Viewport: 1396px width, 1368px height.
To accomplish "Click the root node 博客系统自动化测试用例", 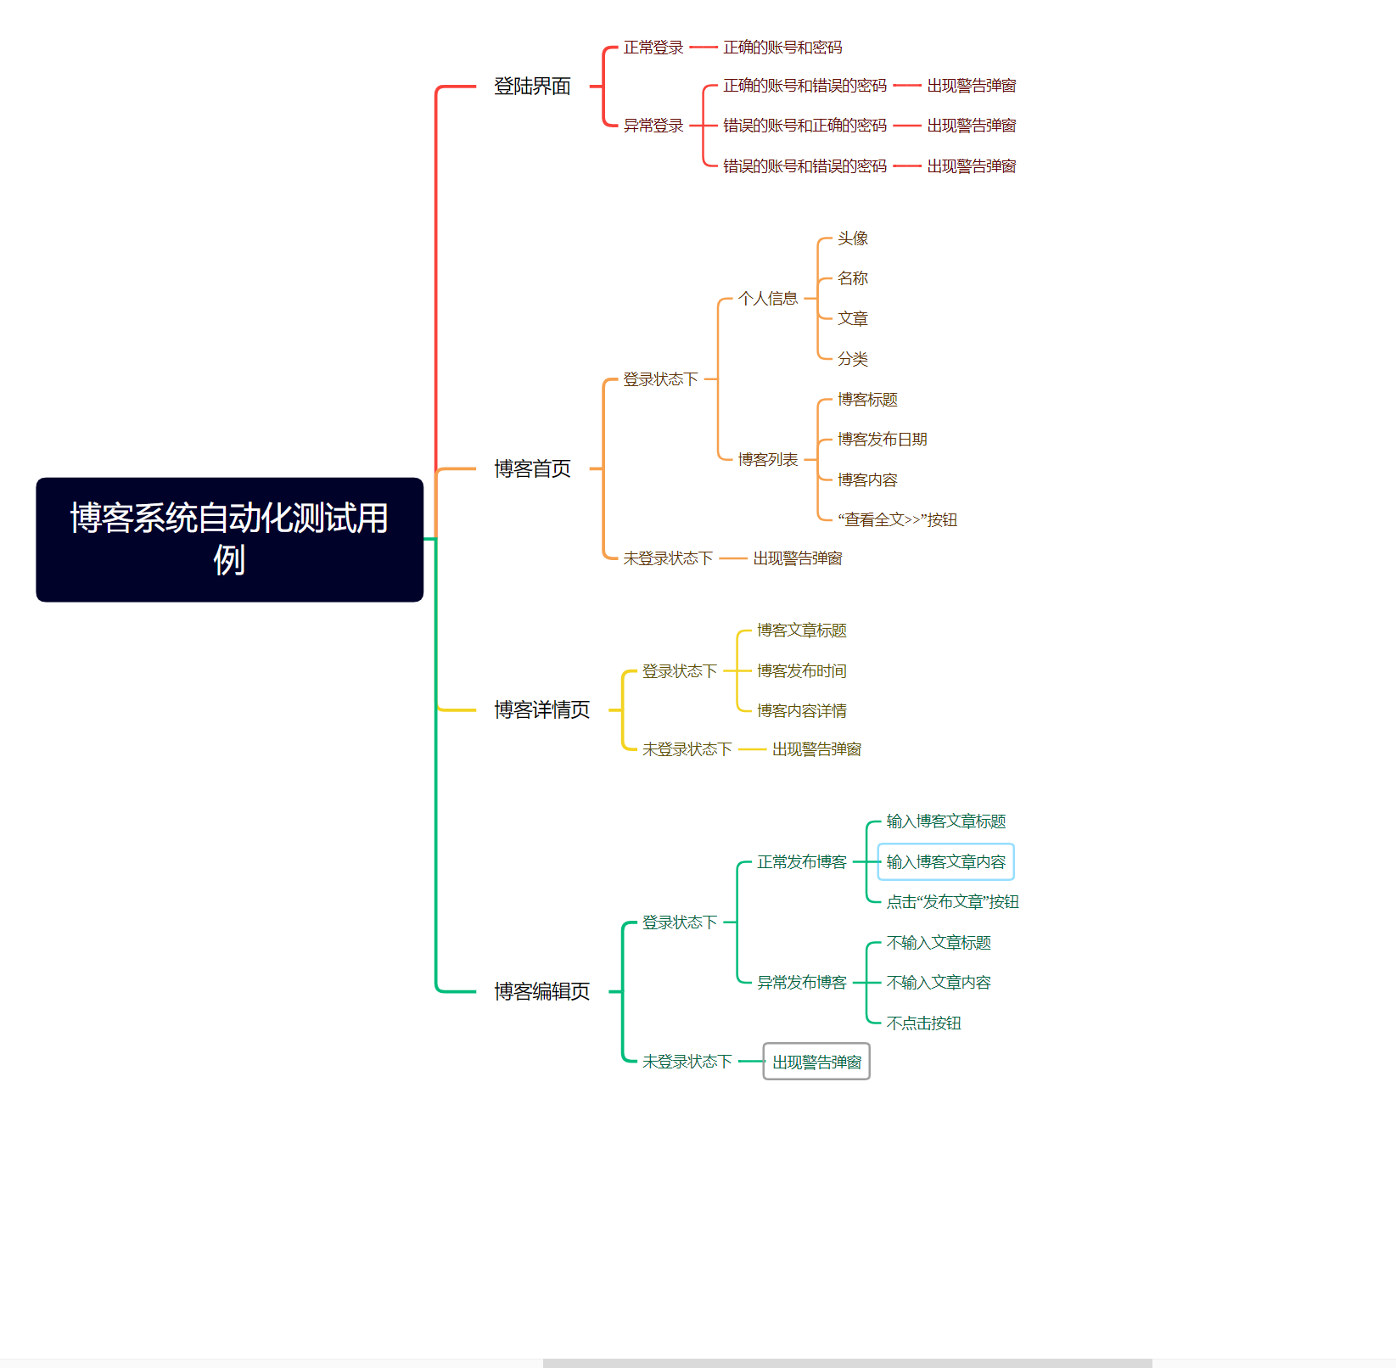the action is (229, 539).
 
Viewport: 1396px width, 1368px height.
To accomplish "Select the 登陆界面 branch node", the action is (532, 87).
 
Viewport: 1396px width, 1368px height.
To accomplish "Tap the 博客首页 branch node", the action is (532, 468).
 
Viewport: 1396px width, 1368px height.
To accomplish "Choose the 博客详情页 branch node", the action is (541, 709).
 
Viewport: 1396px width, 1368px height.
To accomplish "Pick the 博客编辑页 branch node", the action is (541, 991).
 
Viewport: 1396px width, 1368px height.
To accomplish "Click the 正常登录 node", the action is (653, 48).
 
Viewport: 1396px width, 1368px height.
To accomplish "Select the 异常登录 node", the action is (653, 126).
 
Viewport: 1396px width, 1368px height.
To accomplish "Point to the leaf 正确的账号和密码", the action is (782, 48).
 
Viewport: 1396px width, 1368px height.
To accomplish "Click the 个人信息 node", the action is (767, 299).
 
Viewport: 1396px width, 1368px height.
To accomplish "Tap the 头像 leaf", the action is (852, 238).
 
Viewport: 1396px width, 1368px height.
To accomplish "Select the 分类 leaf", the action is (852, 359).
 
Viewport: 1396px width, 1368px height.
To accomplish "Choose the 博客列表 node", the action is (767, 460).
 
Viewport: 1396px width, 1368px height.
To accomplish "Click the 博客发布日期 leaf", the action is (882, 440).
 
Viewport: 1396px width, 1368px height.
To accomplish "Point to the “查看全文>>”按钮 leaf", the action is (897, 520).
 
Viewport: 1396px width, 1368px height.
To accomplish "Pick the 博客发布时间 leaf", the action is (801, 671).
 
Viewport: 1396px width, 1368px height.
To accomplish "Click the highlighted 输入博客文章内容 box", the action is (945, 862).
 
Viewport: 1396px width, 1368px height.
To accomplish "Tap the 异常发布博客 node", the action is (801, 983).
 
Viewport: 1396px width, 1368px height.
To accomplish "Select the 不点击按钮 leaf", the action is (923, 1023).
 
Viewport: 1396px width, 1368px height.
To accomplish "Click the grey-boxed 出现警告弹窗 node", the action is (816, 1062).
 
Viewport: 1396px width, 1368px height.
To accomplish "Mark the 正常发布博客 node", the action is (801, 862).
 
